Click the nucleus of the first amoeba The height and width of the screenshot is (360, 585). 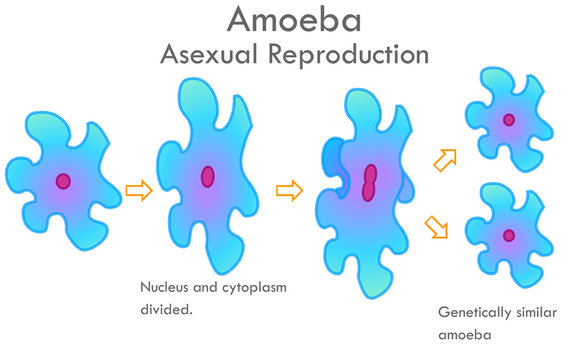[x=64, y=181]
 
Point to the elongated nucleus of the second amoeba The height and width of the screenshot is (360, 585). [x=207, y=176]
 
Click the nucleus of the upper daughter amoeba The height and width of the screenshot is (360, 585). [x=509, y=120]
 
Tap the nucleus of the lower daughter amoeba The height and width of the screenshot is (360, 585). [x=509, y=236]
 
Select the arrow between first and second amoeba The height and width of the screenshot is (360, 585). [x=138, y=190]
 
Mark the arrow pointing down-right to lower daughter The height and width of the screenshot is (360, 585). [x=436, y=228]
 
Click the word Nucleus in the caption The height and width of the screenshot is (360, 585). [x=165, y=288]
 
